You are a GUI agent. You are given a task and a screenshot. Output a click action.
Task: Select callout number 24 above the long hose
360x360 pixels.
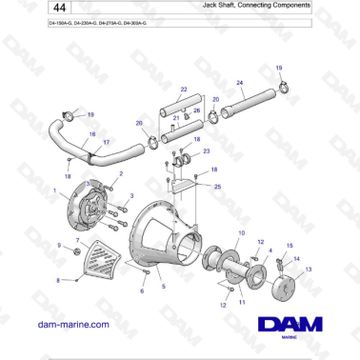239,83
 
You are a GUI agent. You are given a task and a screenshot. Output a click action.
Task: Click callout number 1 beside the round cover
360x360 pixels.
56,190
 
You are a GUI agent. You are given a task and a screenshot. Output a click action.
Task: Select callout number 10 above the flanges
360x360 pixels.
242,233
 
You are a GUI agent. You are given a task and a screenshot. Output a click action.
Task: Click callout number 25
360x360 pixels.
218,187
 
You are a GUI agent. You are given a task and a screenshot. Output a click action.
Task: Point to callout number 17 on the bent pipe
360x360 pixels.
106,142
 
